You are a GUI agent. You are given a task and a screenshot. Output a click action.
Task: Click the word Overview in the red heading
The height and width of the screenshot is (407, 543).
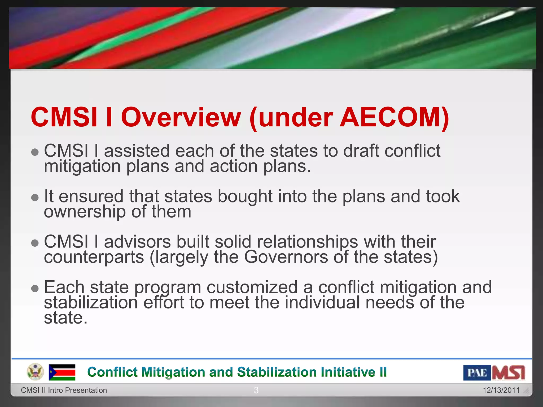click(181, 117)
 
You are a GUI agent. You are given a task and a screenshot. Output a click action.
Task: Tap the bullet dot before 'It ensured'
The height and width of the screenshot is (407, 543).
click(35, 197)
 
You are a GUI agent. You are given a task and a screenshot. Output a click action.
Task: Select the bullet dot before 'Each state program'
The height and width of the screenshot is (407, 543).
click(35, 288)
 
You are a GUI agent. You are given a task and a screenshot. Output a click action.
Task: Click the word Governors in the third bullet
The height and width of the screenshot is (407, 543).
click(286, 257)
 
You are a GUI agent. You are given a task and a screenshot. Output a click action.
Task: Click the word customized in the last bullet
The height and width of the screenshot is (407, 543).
click(252, 287)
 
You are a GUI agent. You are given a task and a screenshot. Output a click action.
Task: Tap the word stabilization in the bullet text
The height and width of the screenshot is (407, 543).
click(91, 303)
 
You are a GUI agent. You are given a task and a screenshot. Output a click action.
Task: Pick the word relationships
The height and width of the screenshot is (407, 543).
click(307, 242)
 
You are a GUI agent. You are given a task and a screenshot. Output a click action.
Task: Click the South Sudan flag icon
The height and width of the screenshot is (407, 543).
click(62, 372)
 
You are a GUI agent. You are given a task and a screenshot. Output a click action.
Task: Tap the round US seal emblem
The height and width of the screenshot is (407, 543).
click(35, 372)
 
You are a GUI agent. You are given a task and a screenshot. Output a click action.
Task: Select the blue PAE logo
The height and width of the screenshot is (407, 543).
click(477, 373)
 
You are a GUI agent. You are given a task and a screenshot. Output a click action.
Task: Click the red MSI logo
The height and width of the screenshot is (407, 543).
click(508, 373)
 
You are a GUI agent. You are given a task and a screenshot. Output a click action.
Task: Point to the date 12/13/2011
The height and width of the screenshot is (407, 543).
click(501, 390)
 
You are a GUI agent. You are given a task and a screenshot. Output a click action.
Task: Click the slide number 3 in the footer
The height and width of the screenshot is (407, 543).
click(256, 390)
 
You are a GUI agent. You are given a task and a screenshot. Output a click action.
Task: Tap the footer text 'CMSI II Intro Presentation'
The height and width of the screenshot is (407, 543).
click(64, 390)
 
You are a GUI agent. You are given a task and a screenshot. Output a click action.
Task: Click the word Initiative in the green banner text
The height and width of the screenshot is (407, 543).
click(348, 372)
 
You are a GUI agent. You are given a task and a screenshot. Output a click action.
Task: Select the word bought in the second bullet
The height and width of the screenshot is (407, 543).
click(245, 197)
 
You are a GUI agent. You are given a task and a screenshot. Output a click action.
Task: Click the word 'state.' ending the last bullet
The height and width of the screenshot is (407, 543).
click(65, 318)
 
